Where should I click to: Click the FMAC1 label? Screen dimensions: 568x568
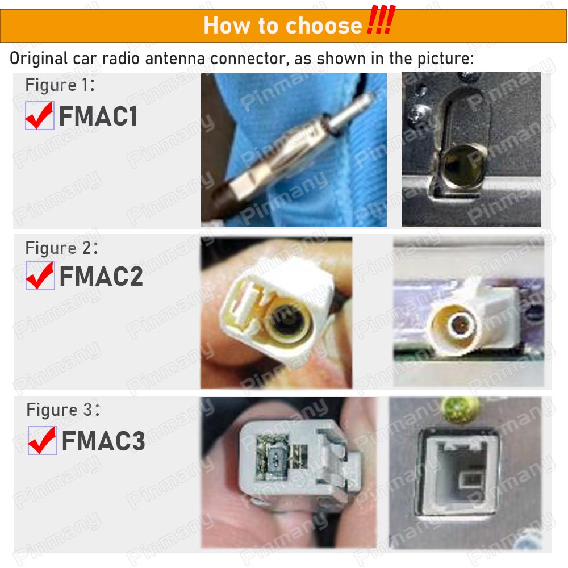coord(98,116)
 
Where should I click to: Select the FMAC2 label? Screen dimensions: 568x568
coord(101,276)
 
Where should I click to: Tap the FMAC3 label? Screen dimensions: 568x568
coord(103,441)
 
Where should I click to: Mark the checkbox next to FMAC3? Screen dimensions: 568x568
coord(42,440)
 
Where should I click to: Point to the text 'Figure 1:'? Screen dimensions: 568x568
coord(60,86)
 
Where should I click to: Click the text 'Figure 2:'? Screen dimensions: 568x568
coord(61,248)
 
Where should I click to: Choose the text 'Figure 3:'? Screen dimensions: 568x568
coord(63,410)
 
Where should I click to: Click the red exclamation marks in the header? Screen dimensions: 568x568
coord(379,23)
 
